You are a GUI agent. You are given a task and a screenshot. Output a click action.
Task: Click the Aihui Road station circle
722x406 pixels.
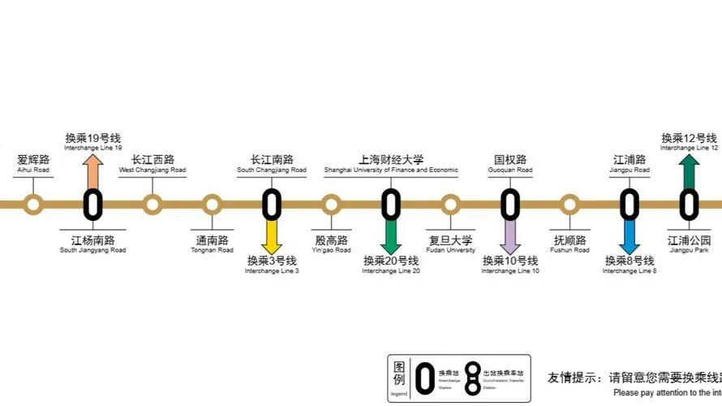(x=33, y=204)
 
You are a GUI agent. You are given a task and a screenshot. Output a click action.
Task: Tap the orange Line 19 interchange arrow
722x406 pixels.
(x=92, y=169)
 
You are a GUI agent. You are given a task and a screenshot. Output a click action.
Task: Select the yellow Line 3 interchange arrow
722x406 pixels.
(x=272, y=237)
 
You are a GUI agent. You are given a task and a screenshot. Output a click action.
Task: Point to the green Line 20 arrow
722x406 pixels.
(x=391, y=237)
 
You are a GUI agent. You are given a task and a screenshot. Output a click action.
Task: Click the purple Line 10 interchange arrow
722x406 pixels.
(x=510, y=237)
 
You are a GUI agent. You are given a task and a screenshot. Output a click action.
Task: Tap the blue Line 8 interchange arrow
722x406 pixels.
(x=630, y=237)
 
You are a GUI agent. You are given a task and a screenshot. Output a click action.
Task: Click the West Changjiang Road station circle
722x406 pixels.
(x=153, y=204)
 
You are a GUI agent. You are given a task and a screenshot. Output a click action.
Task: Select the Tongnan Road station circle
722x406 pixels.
(x=212, y=204)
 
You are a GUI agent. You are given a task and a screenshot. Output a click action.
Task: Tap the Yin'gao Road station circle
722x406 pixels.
(x=331, y=204)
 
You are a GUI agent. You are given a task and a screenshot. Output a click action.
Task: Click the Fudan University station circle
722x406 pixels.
(x=450, y=204)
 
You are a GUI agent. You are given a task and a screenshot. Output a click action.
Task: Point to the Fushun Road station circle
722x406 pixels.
(x=569, y=204)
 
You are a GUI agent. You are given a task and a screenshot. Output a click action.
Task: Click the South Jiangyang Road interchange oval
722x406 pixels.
(x=92, y=204)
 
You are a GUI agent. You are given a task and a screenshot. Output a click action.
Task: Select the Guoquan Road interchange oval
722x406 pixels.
(x=510, y=204)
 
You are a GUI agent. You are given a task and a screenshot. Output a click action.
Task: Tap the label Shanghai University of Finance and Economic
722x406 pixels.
(x=391, y=171)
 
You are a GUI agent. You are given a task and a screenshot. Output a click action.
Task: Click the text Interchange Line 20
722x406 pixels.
(x=391, y=270)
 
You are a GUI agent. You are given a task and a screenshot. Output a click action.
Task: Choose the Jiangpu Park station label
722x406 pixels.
(x=689, y=244)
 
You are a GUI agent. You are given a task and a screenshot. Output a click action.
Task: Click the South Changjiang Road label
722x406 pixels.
(x=272, y=165)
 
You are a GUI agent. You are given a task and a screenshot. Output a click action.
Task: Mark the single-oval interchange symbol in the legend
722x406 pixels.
(x=424, y=378)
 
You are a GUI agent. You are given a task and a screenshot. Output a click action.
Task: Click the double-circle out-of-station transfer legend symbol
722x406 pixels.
(x=471, y=378)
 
